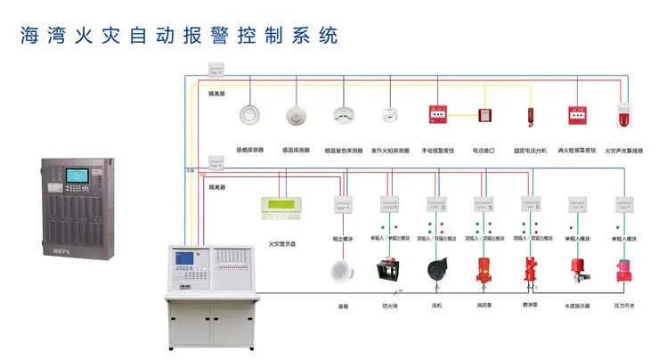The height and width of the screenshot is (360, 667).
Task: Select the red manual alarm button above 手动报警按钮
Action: [437, 116]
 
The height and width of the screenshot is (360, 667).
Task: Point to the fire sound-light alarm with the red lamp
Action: [624, 116]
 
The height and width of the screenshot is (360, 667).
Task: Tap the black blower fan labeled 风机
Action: [436, 271]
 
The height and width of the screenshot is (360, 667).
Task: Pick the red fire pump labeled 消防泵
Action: [484, 270]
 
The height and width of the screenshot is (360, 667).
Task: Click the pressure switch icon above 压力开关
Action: [624, 270]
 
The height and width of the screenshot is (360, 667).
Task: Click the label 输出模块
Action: [343, 239]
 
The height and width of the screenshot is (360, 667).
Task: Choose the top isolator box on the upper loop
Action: [216, 69]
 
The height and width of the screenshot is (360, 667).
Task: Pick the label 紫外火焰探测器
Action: [390, 151]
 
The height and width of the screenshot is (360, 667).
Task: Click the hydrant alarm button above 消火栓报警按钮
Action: [577, 116]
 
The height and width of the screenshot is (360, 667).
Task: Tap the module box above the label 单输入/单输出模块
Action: [389, 204]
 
